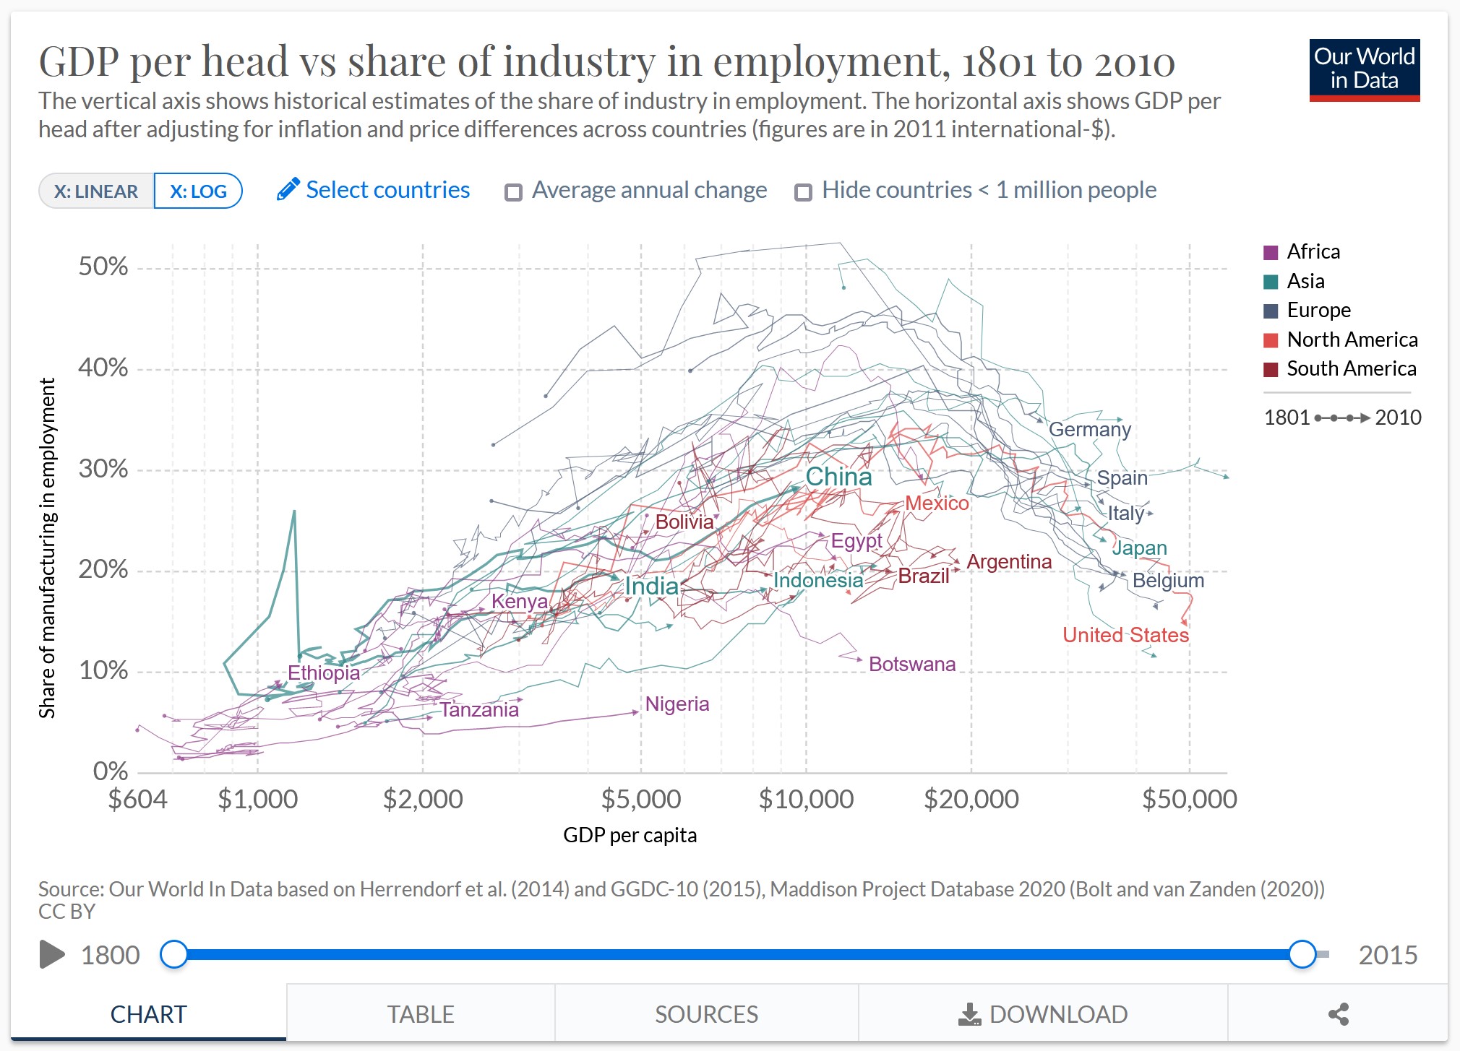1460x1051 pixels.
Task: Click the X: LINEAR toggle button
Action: tap(96, 191)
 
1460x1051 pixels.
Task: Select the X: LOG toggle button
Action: tap(198, 191)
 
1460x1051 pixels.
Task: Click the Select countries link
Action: tap(374, 190)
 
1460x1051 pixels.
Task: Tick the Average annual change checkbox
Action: tap(514, 192)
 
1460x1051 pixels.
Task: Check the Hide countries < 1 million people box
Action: tap(803, 192)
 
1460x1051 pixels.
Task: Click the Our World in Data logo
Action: tap(1364, 70)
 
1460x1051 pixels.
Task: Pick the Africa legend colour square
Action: tap(1271, 252)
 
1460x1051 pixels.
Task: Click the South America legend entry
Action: tap(1351, 368)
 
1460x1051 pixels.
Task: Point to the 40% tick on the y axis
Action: tap(103, 368)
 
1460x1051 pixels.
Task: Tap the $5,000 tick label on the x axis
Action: tap(641, 800)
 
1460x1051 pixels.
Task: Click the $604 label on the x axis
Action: tap(137, 800)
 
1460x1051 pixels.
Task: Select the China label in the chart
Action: tap(838, 477)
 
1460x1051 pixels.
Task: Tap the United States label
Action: tap(1125, 635)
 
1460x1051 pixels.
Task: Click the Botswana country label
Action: tap(911, 665)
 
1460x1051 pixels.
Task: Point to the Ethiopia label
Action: tap(324, 673)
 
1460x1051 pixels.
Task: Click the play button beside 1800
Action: tap(51, 954)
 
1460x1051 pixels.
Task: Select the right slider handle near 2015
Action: tap(1302, 954)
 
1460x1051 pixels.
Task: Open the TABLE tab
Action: tap(421, 1014)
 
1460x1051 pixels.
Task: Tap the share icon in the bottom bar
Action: tap(1338, 1014)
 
